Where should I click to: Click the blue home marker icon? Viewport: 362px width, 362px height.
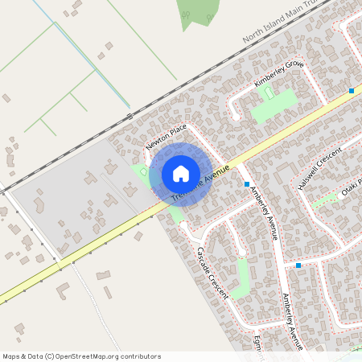[x=181, y=174]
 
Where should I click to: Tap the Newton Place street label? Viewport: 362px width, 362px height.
[x=167, y=137]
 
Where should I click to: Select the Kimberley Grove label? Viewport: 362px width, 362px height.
[x=279, y=74]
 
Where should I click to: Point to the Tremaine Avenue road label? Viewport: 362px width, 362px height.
[x=200, y=183]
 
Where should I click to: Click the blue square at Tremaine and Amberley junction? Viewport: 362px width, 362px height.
[x=247, y=184]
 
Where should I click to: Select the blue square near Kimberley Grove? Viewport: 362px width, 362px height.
[x=352, y=91]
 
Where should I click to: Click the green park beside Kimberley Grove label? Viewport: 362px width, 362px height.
[x=274, y=105]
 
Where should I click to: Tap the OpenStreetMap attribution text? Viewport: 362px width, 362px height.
[x=81, y=356]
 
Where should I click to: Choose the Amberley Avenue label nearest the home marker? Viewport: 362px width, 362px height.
[x=264, y=213]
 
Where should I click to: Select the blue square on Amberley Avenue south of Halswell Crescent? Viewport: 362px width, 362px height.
[x=298, y=265]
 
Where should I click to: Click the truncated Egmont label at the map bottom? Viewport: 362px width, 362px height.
[x=258, y=343]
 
